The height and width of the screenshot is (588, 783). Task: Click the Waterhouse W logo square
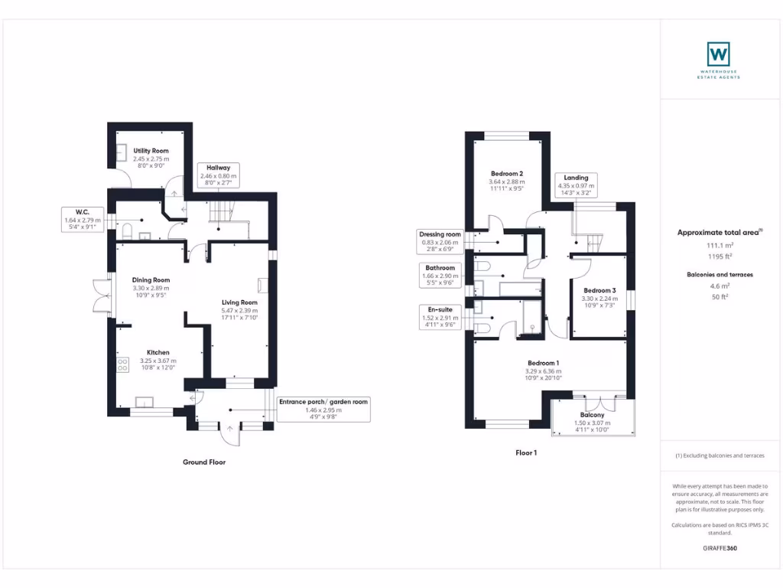[x=718, y=54]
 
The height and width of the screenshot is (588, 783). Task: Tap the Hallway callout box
[x=219, y=175]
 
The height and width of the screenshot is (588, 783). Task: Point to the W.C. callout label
[x=83, y=220]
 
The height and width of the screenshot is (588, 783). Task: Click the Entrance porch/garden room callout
[x=323, y=410]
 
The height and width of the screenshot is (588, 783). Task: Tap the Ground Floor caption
[x=204, y=462]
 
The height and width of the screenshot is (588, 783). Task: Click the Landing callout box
[x=576, y=185]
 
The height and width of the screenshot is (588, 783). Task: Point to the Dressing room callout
[x=440, y=241]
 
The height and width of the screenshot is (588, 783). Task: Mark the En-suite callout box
[x=440, y=316]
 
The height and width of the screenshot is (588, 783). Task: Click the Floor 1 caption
[x=526, y=452]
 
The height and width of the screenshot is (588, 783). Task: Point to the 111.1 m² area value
[x=719, y=246]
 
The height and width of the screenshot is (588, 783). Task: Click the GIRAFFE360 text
[x=719, y=548]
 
